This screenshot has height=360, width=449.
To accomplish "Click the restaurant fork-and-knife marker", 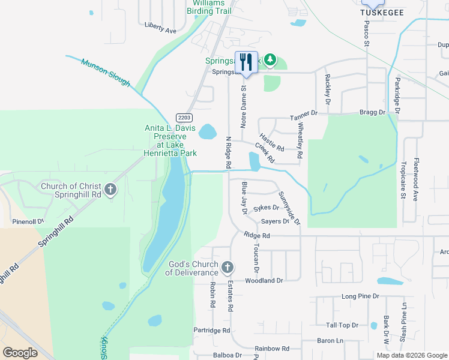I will pyautogui.click(x=246, y=61).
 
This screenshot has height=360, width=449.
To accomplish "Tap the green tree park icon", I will pyautogui.click(x=270, y=59).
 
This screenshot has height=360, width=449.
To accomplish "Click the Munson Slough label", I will pyautogui.click(x=106, y=72).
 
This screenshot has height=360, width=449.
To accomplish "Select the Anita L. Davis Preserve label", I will pyautogui.click(x=171, y=140).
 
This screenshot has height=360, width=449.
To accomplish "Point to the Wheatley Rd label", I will pyautogui.click(x=300, y=140).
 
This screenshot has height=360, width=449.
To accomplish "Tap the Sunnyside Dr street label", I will pyautogui.click(x=289, y=208).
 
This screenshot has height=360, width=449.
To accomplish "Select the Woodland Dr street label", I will pyautogui.click(x=264, y=280).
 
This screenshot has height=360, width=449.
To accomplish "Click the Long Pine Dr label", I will pyautogui.click(x=360, y=296).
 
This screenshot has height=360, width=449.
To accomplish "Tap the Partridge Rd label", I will pyautogui.click(x=212, y=331).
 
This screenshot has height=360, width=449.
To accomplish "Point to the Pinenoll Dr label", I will pyautogui.click(x=28, y=221).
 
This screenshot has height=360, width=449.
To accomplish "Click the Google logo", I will pyautogui.click(x=20, y=353).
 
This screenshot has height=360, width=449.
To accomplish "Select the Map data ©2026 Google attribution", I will pyautogui.click(x=411, y=355).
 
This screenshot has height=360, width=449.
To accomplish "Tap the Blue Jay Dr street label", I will pyautogui.click(x=244, y=199).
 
